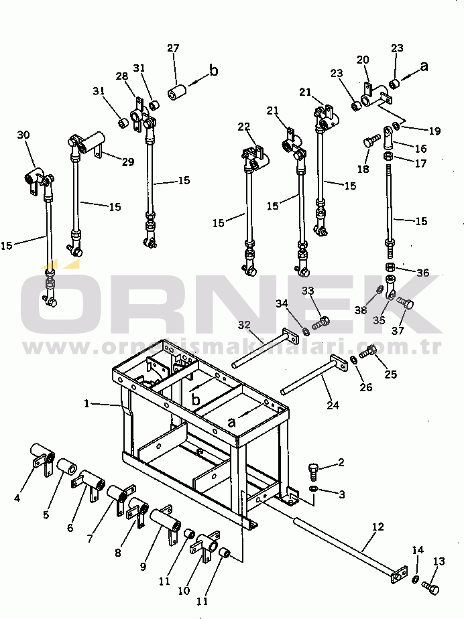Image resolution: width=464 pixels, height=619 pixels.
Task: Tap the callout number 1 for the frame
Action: [x=86, y=403]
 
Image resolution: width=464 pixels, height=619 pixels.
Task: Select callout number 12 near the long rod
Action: [x=378, y=527]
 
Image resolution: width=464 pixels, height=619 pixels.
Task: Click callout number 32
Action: [x=244, y=324]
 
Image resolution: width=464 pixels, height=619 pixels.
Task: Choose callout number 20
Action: [x=363, y=60]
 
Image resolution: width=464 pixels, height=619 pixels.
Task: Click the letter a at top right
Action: [x=424, y=66]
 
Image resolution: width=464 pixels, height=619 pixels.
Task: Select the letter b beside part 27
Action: [x=214, y=70]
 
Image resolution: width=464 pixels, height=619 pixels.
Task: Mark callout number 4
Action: [x=17, y=497]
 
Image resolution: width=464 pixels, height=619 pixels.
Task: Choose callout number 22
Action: [x=243, y=126]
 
